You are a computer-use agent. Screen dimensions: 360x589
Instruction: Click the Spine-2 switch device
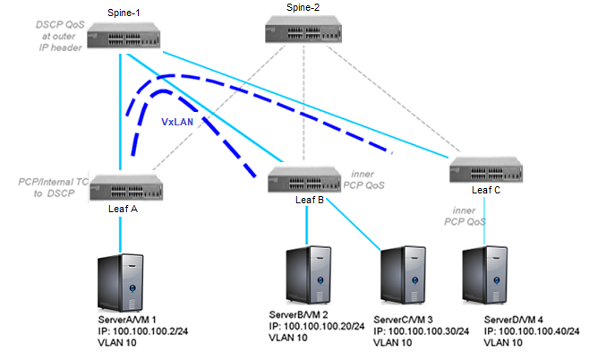[x=300, y=34]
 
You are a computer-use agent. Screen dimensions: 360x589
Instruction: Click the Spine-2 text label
[x=302, y=7]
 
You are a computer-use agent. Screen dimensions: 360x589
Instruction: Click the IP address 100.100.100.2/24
[x=146, y=330]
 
